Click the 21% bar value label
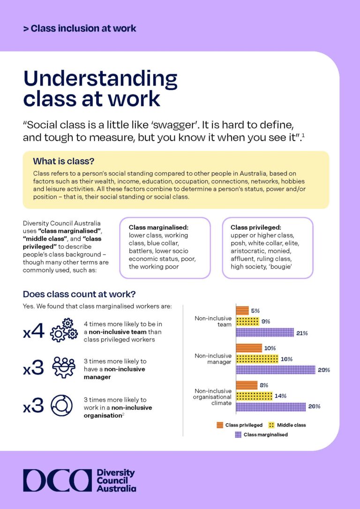301,333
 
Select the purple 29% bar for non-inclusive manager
275,370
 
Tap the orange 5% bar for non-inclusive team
242,310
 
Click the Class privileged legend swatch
219,425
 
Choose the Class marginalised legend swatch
238,434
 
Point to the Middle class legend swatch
271,425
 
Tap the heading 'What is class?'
63,161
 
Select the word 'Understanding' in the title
100,79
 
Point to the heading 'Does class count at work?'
79,294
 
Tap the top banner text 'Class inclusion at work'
83,29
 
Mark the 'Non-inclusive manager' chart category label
213,359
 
